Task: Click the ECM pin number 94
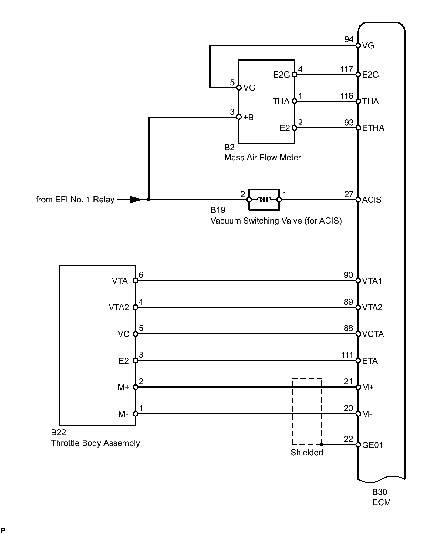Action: (x=349, y=39)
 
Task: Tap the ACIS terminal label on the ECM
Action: (x=372, y=200)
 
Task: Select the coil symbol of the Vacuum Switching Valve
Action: (x=264, y=200)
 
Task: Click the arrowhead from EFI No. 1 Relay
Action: (x=135, y=200)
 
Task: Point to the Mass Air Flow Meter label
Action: (x=262, y=158)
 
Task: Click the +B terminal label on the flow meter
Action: (x=248, y=117)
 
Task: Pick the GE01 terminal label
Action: (x=373, y=445)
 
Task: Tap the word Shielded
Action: (x=307, y=453)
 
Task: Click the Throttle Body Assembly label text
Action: (x=95, y=443)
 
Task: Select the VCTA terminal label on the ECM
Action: (x=373, y=334)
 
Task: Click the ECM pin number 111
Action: (x=347, y=355)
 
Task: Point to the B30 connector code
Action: (x=380, y=492)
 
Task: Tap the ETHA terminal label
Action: (x=373, y=128)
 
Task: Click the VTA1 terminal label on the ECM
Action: (x=372, y=281)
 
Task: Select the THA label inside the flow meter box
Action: (x=281, y=101)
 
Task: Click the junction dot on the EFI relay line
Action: (x=149, y=200)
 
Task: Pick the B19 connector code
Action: (x=218, y=210)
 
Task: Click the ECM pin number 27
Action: (x=349, y=194)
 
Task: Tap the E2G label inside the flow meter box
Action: (x=282, y=75)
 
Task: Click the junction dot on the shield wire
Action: (x=321, y=445)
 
